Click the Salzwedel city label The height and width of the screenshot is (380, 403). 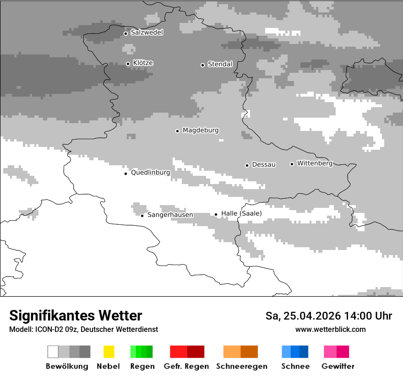pos(147,33)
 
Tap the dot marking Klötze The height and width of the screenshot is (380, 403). pos(128,64)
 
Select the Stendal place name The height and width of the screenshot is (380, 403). pos(220,64)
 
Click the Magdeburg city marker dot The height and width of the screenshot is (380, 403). pos(177,131)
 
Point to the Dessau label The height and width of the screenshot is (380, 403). pos(264,164)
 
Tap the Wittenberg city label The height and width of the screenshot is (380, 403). pos(315,163)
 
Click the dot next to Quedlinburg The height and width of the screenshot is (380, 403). pos(125,174)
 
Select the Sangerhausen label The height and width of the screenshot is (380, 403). pos(170,215)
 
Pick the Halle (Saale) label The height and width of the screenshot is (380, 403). pos(241,213)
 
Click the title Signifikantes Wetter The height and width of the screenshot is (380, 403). pos(76,315)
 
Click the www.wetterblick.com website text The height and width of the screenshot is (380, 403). pos(330,329)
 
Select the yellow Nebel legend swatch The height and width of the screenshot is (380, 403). pos(109,352)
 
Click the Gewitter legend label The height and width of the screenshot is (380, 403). pos(338,366)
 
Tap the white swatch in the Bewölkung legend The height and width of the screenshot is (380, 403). pos(53,352)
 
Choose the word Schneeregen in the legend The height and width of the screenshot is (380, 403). pos(241,366)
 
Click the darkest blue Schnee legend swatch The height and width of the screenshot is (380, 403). pos(304,352)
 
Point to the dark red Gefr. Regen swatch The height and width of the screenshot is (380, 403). pos(196,352)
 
